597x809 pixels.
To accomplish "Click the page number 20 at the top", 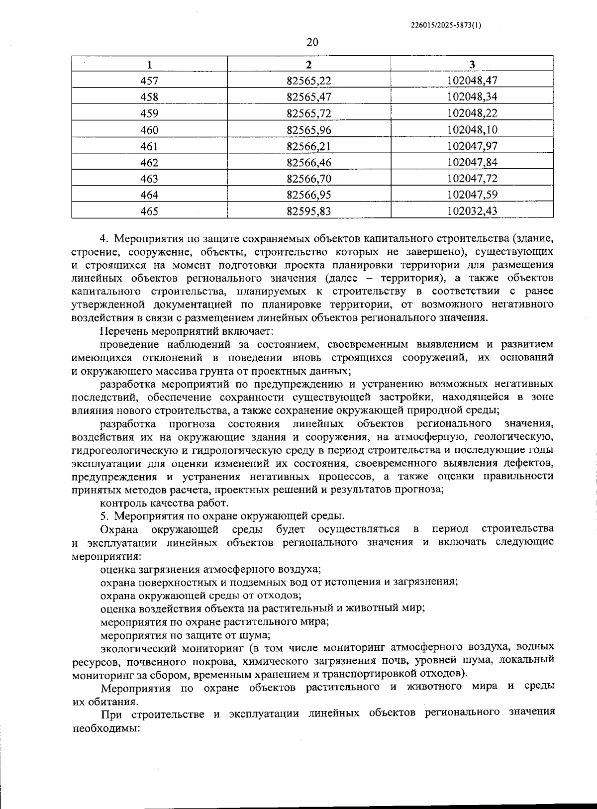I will pos(312,42).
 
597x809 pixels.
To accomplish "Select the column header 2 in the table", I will pos(309,64).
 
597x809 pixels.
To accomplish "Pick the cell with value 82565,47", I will pos(309,97).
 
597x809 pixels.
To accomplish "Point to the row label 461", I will pos(149,146).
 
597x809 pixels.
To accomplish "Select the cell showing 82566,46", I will pos(309,162).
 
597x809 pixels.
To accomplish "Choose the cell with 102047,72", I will pos(472,179).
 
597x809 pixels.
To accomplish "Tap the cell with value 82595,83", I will pos(309,211).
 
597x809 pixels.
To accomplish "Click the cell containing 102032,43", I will pos(472,211).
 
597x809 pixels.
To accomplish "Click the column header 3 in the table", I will pos(472,64).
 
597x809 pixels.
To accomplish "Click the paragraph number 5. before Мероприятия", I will pos(104,515).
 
